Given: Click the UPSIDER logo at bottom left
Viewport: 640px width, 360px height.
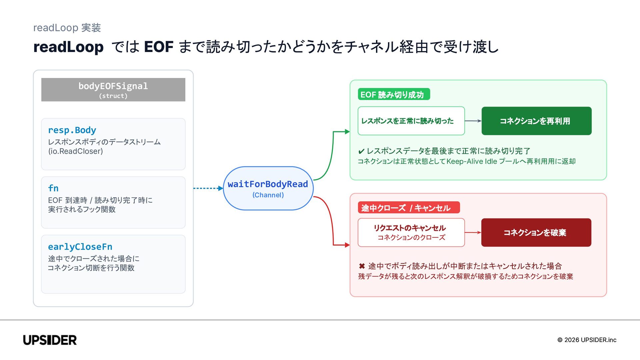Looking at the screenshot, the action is click(50, 340).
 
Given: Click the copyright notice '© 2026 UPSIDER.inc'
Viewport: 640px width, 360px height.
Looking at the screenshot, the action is click(587, 340).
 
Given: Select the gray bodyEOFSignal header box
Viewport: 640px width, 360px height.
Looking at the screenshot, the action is click(113, 90).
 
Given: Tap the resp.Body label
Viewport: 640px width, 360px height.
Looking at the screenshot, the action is click(72, 130).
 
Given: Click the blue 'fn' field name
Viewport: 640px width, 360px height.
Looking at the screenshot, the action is click(53, 188).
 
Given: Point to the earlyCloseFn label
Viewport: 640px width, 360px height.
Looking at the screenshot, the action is click(80, 247).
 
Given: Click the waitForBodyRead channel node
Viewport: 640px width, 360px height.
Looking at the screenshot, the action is click(268, 188).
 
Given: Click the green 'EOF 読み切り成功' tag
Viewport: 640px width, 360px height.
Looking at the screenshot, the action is click(394, 94).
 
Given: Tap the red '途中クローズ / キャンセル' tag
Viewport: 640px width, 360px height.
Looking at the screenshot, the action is click(409, 208).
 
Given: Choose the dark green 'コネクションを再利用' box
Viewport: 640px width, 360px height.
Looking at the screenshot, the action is click(537, 121).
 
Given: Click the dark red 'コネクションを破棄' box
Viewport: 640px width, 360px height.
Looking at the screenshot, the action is click(536, 233).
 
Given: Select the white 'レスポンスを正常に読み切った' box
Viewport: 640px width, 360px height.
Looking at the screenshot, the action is click(411, 121).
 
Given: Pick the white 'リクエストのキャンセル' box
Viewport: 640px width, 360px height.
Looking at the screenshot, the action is click(411, 233).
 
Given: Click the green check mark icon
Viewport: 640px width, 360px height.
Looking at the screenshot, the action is click(361, 152).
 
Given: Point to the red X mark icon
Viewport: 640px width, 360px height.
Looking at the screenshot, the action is click(362, 266).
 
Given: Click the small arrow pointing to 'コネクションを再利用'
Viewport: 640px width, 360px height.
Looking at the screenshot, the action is click(473, 121).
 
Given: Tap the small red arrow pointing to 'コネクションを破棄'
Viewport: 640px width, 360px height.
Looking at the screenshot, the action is click(473, 233).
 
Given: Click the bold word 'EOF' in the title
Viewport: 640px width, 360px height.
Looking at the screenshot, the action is click(159, 47).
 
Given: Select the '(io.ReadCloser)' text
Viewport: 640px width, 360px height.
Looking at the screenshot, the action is click(76, 151).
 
